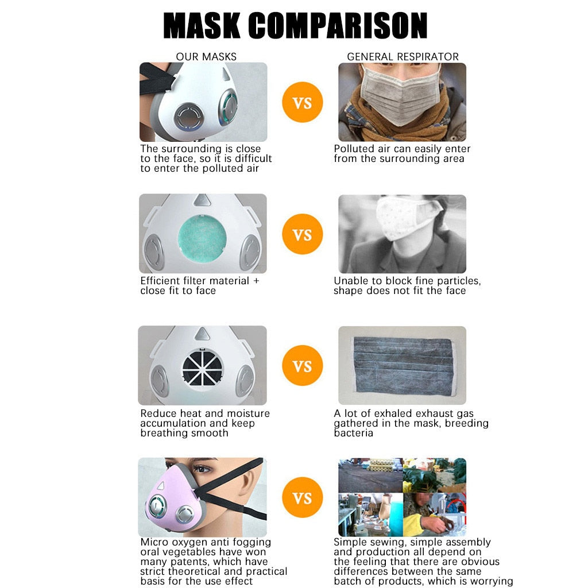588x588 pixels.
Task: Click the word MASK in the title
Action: (x=202, y=25)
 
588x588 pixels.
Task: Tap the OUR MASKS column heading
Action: (x=206, y=57)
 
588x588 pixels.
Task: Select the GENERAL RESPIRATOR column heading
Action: (x=403, y=57)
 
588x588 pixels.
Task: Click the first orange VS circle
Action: (x=302, y=102)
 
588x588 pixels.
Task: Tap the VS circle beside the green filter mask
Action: (x=302, y=234)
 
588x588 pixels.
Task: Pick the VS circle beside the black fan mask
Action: (x=302, y=366)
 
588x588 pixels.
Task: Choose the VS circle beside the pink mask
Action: (x=302, y=498)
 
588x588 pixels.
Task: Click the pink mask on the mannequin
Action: (x=172, y=499)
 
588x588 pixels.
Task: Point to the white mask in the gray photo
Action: (x=405, y=218)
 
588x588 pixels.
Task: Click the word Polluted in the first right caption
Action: (x=354, y=149)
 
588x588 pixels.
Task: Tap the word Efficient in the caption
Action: (x=161, y=281)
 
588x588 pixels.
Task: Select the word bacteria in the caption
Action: (x=353, y=433)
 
